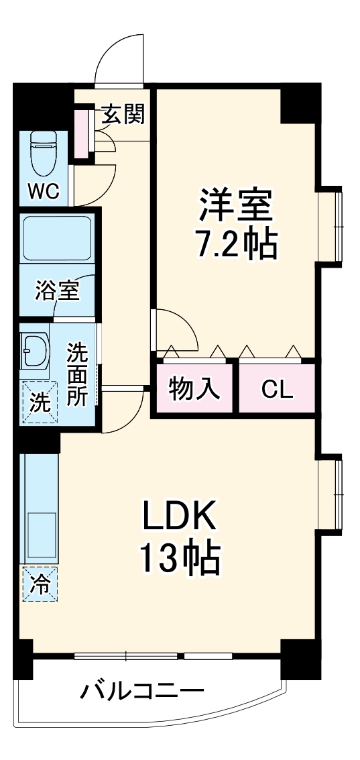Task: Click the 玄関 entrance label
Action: point(123,115)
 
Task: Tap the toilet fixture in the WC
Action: point(44,153)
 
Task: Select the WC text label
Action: point(43,191)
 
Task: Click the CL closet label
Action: point(277,388)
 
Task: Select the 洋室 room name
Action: point(237,205)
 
